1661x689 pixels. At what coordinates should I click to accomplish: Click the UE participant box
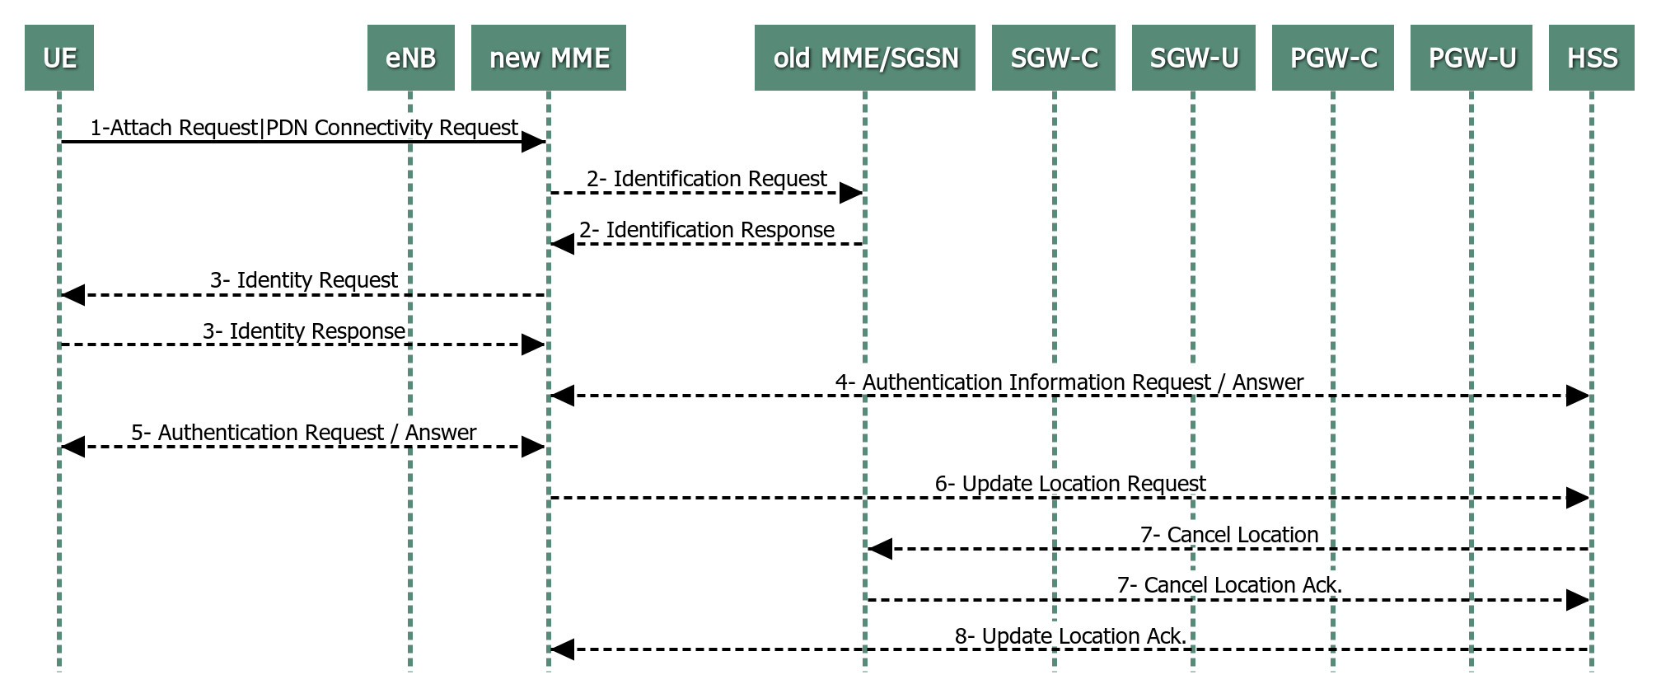[x=59, y=58]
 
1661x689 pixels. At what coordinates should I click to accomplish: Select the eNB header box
[x=411, y=58]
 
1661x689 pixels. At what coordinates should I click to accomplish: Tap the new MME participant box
[x=549, y=58]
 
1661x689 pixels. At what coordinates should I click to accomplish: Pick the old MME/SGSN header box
[x=865, y=58]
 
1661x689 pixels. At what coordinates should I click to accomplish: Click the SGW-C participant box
[x=1054, y=58]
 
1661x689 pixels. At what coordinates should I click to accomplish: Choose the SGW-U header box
[x=1194, y=58]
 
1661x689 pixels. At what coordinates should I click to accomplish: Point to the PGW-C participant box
[x=1333, y=58]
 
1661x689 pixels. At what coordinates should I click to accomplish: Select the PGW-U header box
[x=1472, y=58]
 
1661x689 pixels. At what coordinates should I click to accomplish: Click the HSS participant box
[x=1592, y=58]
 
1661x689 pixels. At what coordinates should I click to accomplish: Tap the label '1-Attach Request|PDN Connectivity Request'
[x=304, y=128]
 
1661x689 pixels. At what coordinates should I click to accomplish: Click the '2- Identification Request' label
[x=707, y=179]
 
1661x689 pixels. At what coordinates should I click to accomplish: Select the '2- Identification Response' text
[x=707, y=230]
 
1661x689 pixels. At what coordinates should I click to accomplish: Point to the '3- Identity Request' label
[x=304, y=280]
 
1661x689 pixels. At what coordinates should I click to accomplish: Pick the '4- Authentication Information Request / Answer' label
[x=1069, y=382]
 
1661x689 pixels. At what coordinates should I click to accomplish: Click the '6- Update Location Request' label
[x=1070, y=484]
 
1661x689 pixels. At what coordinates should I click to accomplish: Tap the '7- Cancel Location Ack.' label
[x=1230, y=585]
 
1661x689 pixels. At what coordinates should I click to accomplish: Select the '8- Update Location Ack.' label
[x=1070, y=636]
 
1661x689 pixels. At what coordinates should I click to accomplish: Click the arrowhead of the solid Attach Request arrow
[x=534, y=142]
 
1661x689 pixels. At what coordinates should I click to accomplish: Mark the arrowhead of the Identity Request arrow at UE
[x=73, y=294]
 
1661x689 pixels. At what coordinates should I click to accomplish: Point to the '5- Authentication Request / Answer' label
[x=304, y=433]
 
